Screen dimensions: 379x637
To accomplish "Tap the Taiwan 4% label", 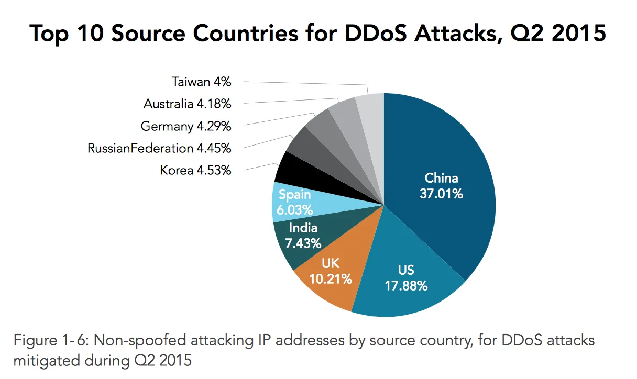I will pos(202,82).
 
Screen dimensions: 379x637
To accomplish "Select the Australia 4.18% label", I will pos(187,104).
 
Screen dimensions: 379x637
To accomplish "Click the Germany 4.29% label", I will pos(186,126).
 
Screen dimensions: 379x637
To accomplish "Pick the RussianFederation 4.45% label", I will pos(159,148).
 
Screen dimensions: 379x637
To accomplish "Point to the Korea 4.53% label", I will pos(195,170).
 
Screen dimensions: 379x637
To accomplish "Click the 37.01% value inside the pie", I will pos(441,194).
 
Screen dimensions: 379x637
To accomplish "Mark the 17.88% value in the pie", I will pos(405,286).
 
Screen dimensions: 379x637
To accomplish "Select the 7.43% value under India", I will pos(303,243).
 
